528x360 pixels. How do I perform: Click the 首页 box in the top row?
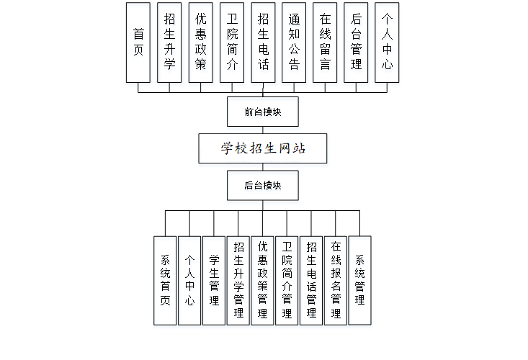pyautogui.click(x=138, y=42)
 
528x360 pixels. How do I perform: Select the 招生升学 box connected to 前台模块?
pyautogui.click(x=169, y=42)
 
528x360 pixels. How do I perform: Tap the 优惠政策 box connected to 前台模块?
pyautogui.click(x=200, y=42)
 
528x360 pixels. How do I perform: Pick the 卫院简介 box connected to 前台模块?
pyautogui.click(x=231, y=42)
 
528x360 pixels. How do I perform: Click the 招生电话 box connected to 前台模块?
pyautogui.click(x=263, y=42)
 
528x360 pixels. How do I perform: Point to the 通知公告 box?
pyautogui.click(x=294, y=42)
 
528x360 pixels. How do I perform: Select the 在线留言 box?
pyautogui.click(x=325, y=42)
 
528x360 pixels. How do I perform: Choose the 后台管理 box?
pyautogui.click(x=356, y=42)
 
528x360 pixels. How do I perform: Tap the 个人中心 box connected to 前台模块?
pyautogui.click(x=387, y=42)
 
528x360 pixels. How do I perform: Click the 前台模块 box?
pyautogui.click(x=262, y=112)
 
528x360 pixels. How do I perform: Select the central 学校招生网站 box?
pyautogui.click(x=263, y=148)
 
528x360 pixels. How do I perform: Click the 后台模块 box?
pyautogui.click(x=262, y=185)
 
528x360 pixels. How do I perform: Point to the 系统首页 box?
pyautogui.click(x=165, y=280)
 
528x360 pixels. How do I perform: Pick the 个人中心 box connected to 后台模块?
pyautogui.click(x=189, y=280)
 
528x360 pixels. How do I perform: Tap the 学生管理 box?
pyautogui.click(x=214, y=280)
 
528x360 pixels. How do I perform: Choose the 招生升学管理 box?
pyautogui.click(x=238, y=280)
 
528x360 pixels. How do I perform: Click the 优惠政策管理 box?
pyautogui.click(x=263, y=280)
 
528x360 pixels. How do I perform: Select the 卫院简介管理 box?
pyautogui.click(x=287, y=280)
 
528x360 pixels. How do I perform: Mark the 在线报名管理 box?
pyautogui.click(x=336, y=280)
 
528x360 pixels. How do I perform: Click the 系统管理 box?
pyautogui.click(x=359, y=280)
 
